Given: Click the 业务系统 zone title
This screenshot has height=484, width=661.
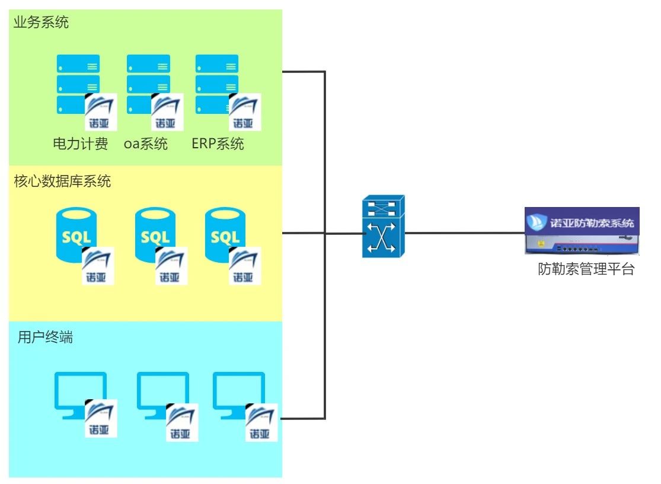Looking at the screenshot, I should pos(41,24).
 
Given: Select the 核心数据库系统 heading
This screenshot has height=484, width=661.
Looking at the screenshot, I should pos(62,182).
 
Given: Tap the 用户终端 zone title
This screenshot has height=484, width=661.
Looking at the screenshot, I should pos(46,338).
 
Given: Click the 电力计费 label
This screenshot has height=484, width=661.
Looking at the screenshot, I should pos(81,144).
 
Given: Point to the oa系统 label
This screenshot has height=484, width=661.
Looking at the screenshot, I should pos(146,144).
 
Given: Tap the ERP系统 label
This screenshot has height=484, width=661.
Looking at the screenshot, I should pos(218,144).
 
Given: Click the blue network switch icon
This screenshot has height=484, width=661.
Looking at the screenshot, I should pos(382,227).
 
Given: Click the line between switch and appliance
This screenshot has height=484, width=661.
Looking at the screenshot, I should pos(462,233).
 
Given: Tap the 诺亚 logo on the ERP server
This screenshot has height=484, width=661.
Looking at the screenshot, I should pos(243,113).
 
